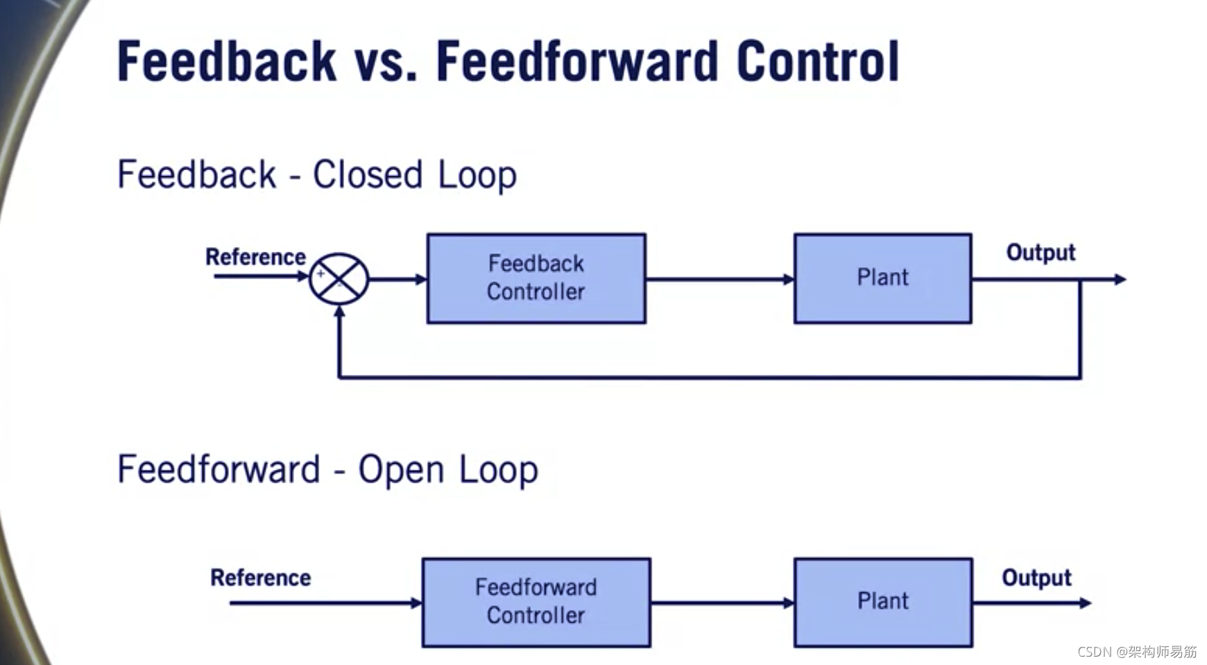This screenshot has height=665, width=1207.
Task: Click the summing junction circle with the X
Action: [339, 279]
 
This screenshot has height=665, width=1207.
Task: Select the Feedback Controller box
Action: [536, 278]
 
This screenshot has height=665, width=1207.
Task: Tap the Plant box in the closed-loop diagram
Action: [882, 278]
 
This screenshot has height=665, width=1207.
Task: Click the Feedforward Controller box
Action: [536, 603]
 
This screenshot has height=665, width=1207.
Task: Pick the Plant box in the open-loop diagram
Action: [882, 603]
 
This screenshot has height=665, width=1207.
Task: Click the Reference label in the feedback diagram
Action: [255, 257]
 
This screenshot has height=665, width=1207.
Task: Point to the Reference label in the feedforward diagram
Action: [260, 578]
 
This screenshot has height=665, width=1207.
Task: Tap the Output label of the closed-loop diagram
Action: [1041, 252]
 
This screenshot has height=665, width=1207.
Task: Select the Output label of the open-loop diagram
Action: [1036, 578]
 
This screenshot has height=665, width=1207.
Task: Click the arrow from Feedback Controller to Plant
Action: [719, 279]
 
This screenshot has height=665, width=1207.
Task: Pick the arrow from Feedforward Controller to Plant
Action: [721, 603]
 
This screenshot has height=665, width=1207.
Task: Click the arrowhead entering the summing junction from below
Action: [339, 312]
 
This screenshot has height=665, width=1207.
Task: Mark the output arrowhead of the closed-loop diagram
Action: [1120, 279]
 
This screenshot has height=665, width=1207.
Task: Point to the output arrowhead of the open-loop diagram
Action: [1085, 603]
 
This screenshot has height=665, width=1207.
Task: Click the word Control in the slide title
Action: [818, 62]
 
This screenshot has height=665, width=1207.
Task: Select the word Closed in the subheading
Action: [367, 174]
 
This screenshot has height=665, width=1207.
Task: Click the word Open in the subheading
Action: [401, 470]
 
